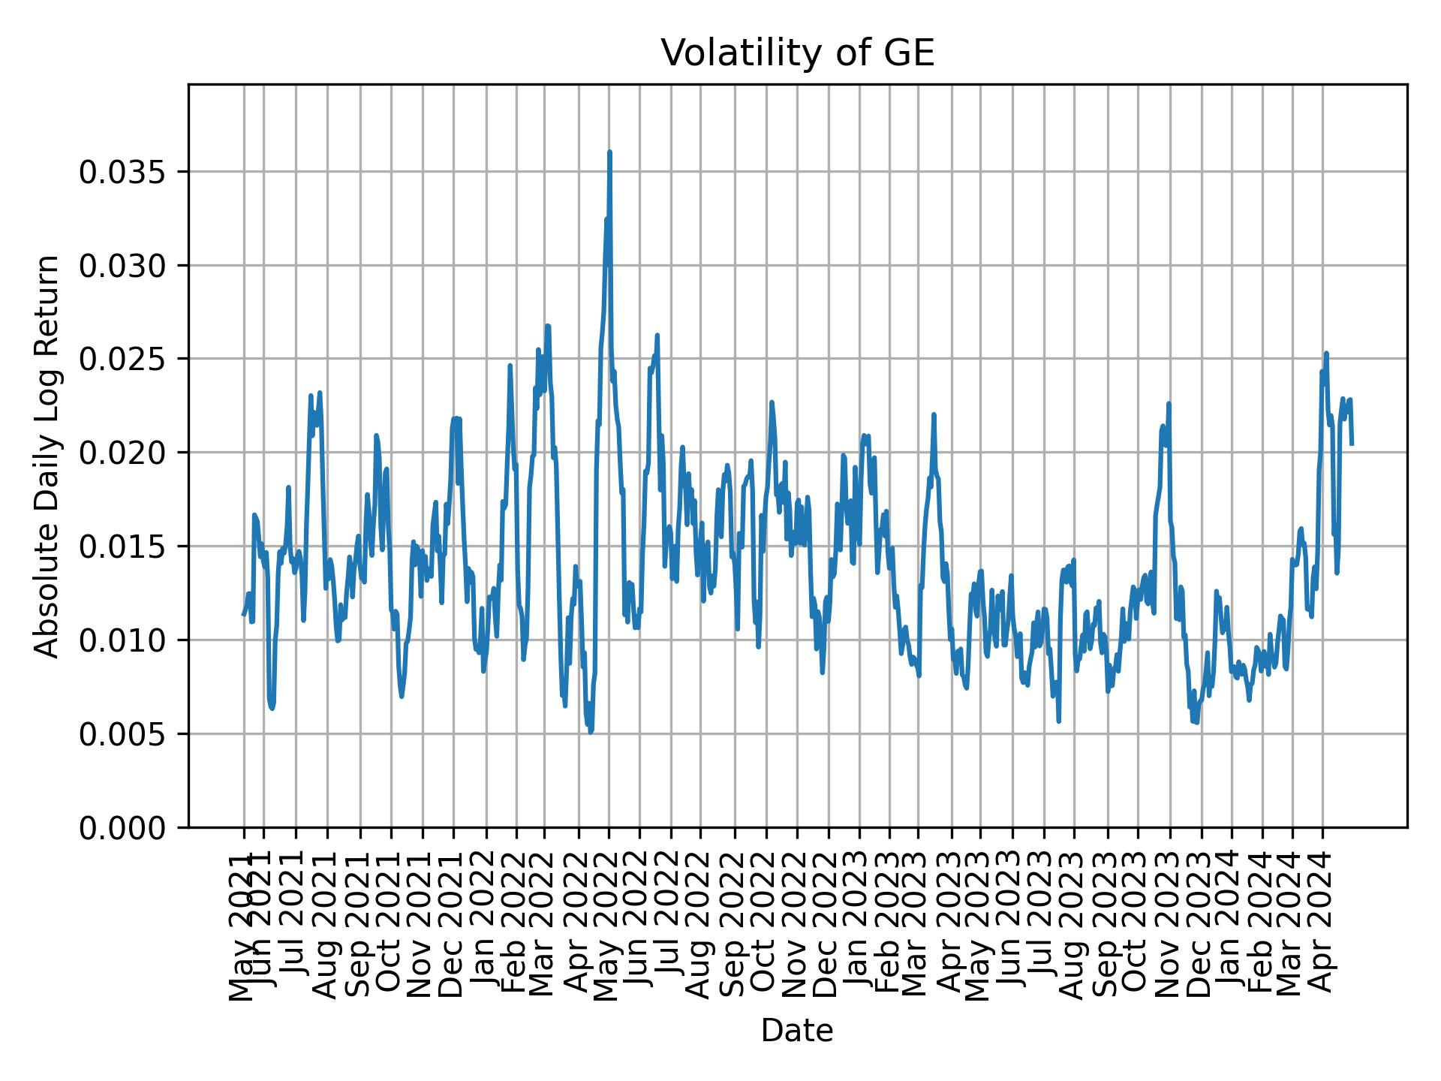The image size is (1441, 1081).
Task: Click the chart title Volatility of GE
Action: (797, 53)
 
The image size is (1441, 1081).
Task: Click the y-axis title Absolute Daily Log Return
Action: (48, 456)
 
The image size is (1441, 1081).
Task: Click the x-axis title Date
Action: (797, 1031)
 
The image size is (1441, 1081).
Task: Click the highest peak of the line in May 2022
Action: (609, 152)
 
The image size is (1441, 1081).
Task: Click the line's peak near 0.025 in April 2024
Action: (1326, 353)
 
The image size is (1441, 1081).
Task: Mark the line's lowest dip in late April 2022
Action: (591, 731)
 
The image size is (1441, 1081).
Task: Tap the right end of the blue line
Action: (1352, 444)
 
